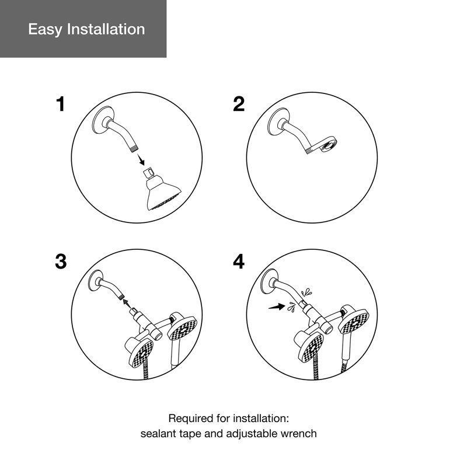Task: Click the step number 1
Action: [61, 104]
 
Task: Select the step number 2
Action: [239, 104]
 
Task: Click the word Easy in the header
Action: [46, 29]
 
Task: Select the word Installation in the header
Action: [106, 29]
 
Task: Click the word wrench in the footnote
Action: [298, 434]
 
